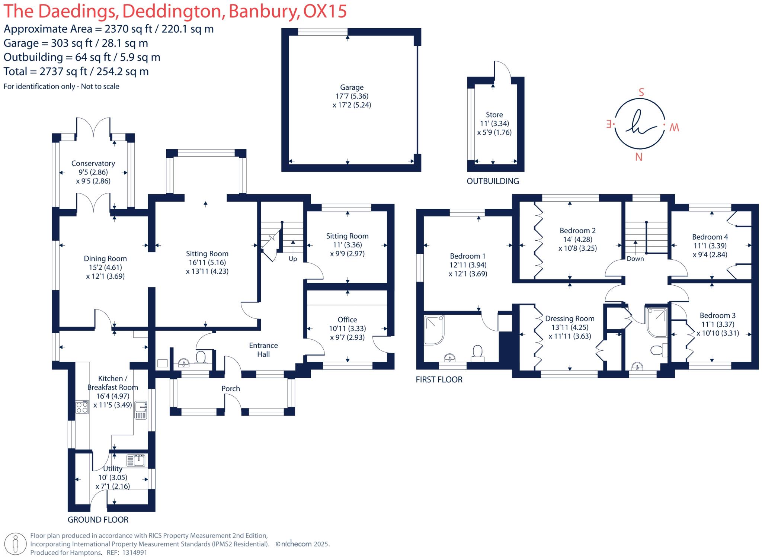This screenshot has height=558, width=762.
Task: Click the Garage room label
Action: (x=352, y=87)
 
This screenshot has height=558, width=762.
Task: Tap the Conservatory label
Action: (x=93, y=163)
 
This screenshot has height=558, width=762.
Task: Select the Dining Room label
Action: (x=105, y=259)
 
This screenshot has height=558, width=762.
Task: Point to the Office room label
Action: (x=348, y=320)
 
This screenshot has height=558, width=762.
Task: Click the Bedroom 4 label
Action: (x=710, y=237)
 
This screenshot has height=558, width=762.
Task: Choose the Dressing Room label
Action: (x=570, y=319)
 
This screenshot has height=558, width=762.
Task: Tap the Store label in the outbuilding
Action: (x=494, y=115)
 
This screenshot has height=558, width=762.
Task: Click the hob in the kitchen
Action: (x=82, y=407)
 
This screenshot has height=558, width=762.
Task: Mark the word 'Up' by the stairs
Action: (x=293, y=259)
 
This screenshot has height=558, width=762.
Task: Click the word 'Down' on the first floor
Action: (x=635, y=259)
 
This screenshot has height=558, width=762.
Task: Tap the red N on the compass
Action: (x=639, y=157)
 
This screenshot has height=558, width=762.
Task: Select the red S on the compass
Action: (x=641, y=92)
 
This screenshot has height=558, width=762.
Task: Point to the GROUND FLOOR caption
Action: (x=98, y=520)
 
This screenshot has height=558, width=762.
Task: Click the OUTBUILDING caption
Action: (x=493, y=181)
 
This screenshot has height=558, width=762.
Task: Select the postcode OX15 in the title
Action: (x=325, y=11)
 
